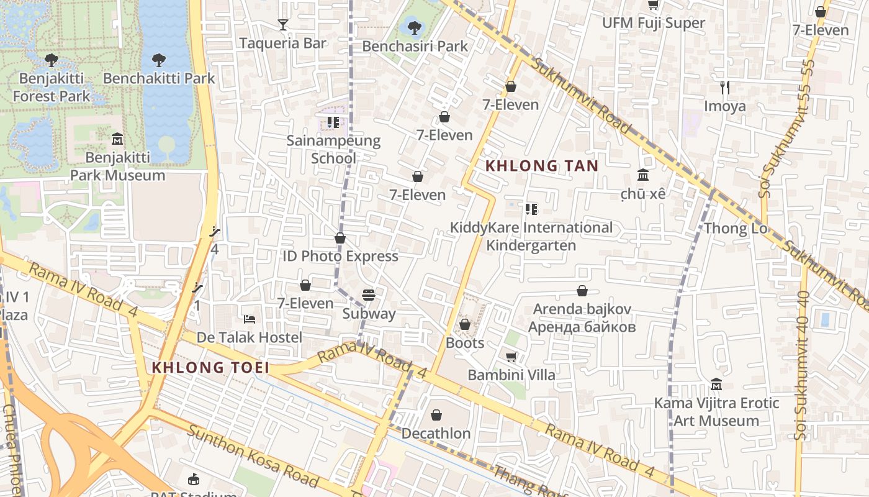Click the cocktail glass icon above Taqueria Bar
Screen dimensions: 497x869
(x=283, y=25)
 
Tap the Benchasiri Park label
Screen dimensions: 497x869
(x=415, y=47)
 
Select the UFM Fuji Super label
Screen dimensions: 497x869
(x=654, y=24)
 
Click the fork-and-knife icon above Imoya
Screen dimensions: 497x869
(x=724, y=87)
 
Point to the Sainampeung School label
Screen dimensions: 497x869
(x=333, y=149)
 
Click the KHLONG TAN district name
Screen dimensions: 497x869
(x=542, y=166)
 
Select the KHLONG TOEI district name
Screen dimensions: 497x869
(x=211, y=367)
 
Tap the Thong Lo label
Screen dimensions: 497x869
(x=736, y=229)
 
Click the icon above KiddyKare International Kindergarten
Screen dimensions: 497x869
(x=531, y=209)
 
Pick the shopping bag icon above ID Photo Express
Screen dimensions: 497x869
(x=340, y=238)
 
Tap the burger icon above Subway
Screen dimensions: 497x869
(x=369, y=295)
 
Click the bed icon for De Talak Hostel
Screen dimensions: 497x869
(x=250, y=319)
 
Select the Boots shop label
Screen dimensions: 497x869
(x=464, y=343)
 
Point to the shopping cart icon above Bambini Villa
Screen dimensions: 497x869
(x=511, y=357)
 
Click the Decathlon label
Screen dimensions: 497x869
(x=436, y=433)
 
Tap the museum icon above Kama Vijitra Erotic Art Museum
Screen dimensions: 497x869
(x=716, y=385)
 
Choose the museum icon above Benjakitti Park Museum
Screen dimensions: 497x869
(x=117, y=139)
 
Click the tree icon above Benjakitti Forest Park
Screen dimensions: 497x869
(x=52, y=60)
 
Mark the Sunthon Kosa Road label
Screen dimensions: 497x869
(x=253, y=457)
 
